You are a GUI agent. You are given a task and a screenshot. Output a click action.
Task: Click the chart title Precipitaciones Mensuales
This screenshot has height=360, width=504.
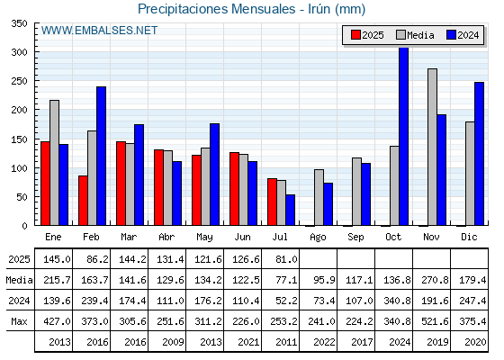(216, 9)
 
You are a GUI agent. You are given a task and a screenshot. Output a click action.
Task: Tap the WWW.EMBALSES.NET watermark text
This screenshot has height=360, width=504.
(99, 31)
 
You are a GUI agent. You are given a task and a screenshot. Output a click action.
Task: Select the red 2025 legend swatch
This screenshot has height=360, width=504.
(355, 35)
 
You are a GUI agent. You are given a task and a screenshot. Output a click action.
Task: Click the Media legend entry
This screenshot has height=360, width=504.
(415, 35)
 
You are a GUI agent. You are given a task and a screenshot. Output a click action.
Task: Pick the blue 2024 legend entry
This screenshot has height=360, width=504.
(463, 35)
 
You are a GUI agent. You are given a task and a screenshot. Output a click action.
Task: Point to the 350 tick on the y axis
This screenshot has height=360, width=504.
(19, 23)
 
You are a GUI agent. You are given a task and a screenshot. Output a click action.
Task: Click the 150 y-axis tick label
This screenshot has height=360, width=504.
(19, 139)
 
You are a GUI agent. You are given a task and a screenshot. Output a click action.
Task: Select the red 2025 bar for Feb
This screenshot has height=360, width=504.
(83, 200)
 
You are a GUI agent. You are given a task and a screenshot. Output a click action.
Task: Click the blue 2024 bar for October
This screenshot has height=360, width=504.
(404, 136)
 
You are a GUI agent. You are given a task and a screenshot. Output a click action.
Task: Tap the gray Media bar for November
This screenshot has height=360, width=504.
(432, 147)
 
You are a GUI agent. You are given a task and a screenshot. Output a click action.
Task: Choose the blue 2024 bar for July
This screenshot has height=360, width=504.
(290, 210)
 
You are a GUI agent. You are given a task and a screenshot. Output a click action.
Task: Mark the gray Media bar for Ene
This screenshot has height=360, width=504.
(54, 163)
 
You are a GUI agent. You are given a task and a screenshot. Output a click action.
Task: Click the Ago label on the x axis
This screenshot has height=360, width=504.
(318, 238)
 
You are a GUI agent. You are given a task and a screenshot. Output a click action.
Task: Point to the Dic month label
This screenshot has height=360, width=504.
(469, 237)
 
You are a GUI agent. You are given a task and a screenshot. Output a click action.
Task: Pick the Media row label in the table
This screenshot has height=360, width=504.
(19, 280)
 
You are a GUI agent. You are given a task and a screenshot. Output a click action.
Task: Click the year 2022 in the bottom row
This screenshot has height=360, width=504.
(324, 342)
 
